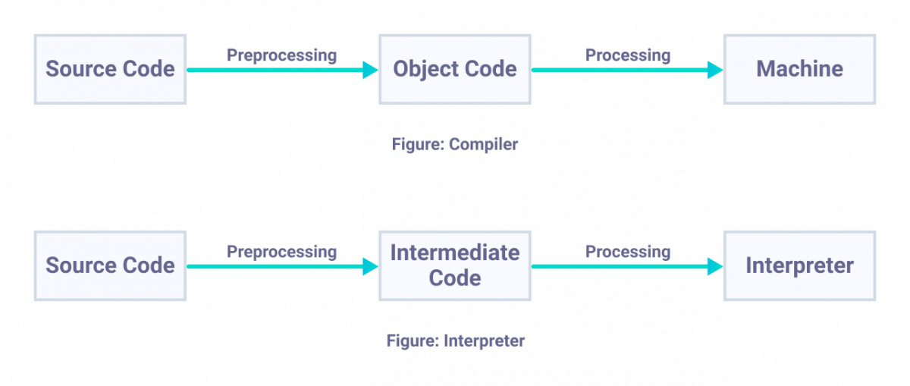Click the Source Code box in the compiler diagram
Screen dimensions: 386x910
pyautogui.click(x=110, y=69)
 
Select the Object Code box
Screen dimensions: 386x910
pyautogui.click(x=454, y=69)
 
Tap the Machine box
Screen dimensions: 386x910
pyautogui.click(x=799, y=69)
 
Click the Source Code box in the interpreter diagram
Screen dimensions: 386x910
pyautogui.click(x=110, y=265)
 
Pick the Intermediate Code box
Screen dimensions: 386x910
pyautogui.click(x=454, y=265)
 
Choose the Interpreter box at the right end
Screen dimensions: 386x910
pyautogui.click(x=799, y=265)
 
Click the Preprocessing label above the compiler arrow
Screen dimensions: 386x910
pyautogui.click(x=281, y=55)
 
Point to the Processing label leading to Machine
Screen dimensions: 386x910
pyautogui.click(x=628, y=55)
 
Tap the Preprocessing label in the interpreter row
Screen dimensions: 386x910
pyautogui.click(x=281, y=251)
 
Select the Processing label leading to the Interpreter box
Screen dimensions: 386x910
pyautogui.click(x=628, y=251)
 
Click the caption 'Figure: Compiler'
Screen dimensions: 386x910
pyautogui.click(x=455, y=144)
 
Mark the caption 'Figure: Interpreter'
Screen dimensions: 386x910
pyautogui.click(x=455, y=340)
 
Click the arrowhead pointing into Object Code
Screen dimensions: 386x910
pyautogui.click(x=370, y=70)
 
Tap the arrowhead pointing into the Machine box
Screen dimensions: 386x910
pyautogui.click(x=715, y=70)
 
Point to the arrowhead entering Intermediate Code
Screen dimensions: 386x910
pyautogui.click(x=370, y=266)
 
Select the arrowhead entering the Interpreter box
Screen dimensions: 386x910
pyautogui.click(x=715, y=266)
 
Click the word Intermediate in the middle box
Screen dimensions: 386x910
pyautogui.click(x=454, y=253)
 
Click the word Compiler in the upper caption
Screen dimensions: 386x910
pyautogui.click(x=483, y=144)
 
